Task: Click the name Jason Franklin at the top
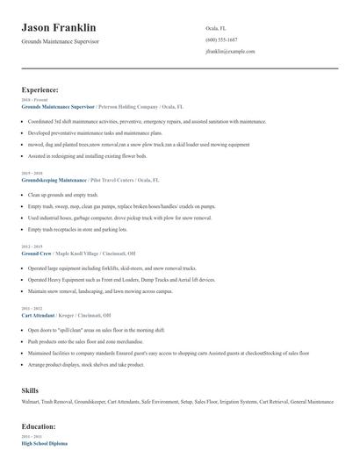point(59,28)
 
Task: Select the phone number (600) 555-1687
point(222,39)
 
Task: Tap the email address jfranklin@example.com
point(230,51)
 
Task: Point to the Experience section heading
point(40,89)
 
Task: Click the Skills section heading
point(31,389)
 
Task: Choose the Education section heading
point(39,426)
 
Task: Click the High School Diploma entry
point(44,443)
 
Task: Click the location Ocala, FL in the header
point(217,28)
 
